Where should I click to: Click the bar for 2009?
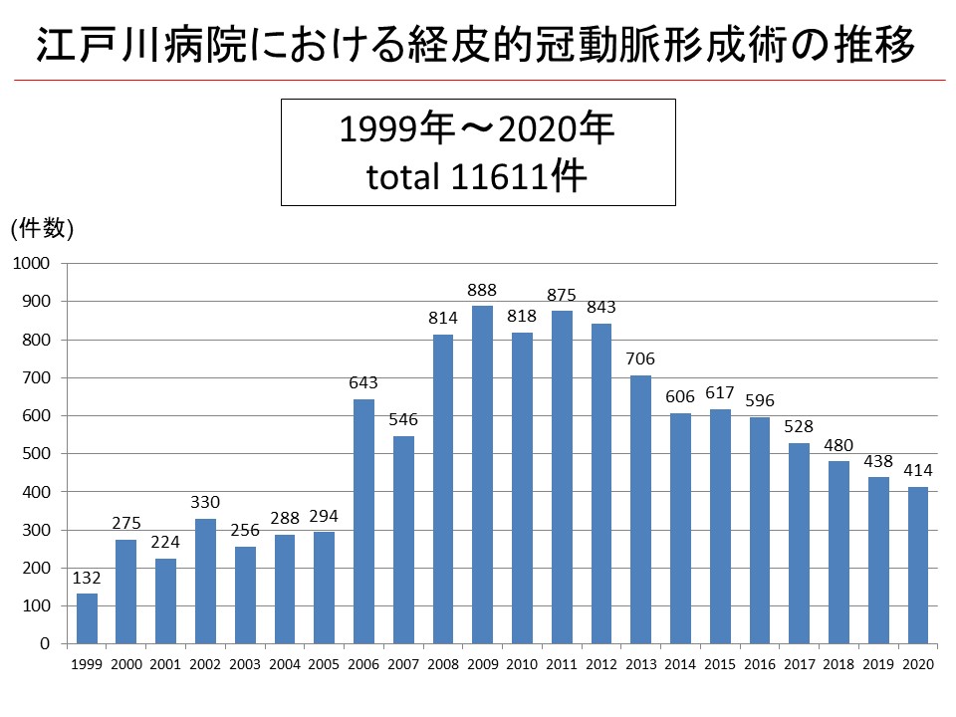(482, 474)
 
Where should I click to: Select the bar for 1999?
(87, 617)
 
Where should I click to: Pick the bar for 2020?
(917, 565)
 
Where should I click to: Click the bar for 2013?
(640, 509)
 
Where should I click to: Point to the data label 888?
(482, 291)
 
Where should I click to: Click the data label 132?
(87, 578)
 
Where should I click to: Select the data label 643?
(363, 383)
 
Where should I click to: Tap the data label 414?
(917, 470)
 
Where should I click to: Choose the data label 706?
(640, 359)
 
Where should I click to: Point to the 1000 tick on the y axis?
(31, 263)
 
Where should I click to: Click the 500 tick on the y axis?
(35, 453)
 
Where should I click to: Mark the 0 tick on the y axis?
(45, 643)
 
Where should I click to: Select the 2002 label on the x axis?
(205, 663)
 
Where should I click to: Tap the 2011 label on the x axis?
(561, 663)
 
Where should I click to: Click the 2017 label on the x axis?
(799, 663)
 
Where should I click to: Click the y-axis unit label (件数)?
(42, 228)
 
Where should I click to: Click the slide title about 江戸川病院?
(476, 44)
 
